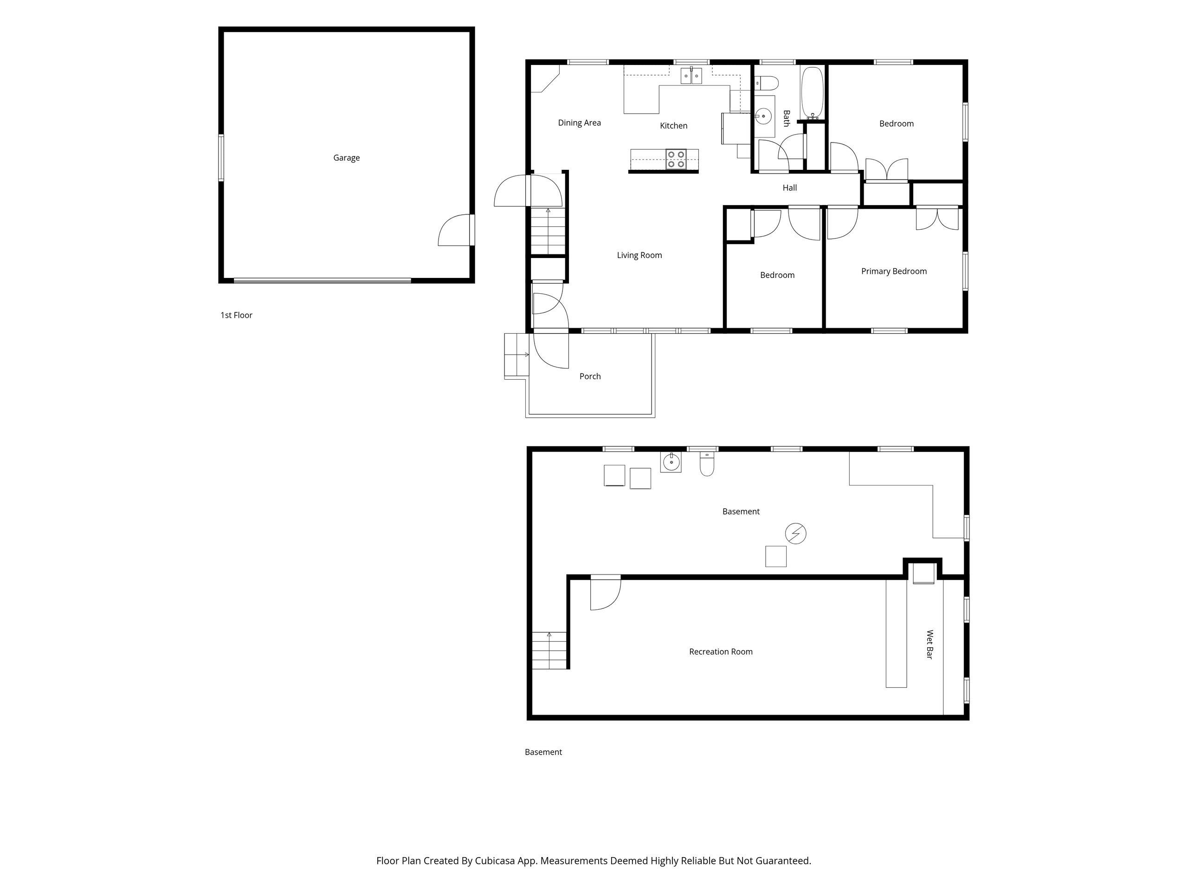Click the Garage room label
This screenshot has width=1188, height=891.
click(346, 158)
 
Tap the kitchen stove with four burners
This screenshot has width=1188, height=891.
click(676, 160)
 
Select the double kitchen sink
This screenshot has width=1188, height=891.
click(692, 76)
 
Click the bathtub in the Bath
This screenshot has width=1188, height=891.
click(812, 92)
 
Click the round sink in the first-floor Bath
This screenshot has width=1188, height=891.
click(763, 116)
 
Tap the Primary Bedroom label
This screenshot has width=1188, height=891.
click(894, 271)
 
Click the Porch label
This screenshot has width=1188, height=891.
click(590, 376)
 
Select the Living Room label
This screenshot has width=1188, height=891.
click(639, 256)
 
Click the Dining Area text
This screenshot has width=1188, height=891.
click(579, 123)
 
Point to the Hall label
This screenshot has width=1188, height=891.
click(789, 188)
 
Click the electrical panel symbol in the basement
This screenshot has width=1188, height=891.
click(795, 533)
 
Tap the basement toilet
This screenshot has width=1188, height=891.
click(707, 465)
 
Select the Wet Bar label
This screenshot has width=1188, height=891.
click(930, 645)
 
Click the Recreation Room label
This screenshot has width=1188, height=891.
click(721, 652)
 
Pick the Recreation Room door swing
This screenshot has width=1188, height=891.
click(605, 593)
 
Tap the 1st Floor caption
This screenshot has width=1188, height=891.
click(236, 315)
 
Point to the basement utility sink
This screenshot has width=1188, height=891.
click(671, 462)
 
